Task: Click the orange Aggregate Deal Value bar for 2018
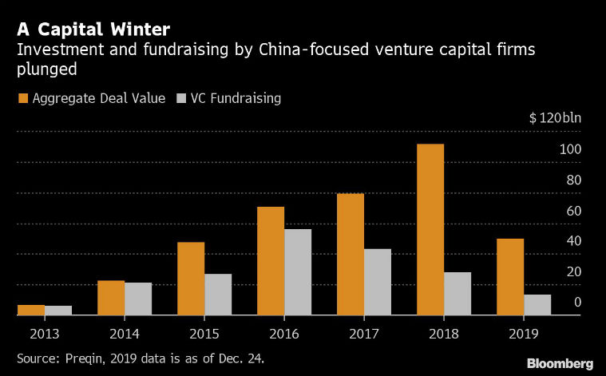pos(430,230)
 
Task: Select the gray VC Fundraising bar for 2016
pos(298,272)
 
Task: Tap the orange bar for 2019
pos(510,277)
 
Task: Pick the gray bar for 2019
pos(537,305)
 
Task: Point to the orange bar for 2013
pos(31,310)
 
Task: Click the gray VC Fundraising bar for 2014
pos(138,299)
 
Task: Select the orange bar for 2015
pos(191,279)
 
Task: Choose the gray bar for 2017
pos(378,282)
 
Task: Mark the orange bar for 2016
pos(271,261)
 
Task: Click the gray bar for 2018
pos(457,294)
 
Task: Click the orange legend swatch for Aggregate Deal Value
pos(23,99)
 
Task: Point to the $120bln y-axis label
pos(555,118)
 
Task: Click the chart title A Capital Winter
pos(93,30)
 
